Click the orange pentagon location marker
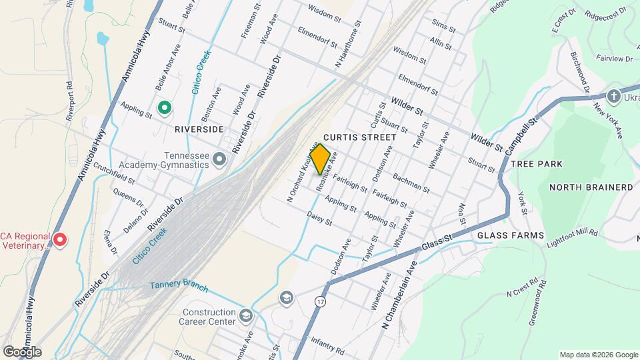coord(320,159)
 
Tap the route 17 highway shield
coord(322,303)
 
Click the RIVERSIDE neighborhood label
coord(199,128)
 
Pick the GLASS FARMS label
coord(511,235)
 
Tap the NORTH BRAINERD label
coord(591,188)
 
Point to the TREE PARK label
coord(536,164)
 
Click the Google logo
coord(21,352)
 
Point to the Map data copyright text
coord(598,355)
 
